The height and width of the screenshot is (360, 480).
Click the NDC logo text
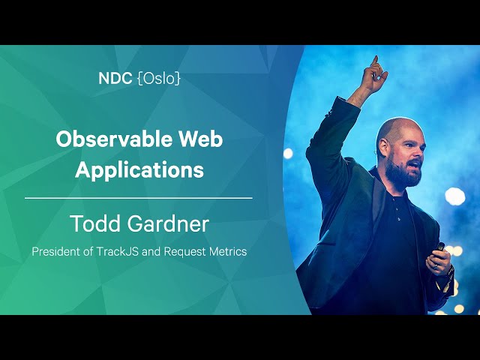point(115,78)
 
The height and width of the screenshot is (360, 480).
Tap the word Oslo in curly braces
point(159,79)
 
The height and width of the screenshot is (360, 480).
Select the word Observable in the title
point(113,139)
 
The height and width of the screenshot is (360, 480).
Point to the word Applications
point(139,170)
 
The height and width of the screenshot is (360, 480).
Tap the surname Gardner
point(168,223)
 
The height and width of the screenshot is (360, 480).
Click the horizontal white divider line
point(139,198)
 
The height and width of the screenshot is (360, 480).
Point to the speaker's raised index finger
point(375,61)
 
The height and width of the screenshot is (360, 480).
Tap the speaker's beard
point(402,173)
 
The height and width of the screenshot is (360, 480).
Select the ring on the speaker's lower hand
point(436,267)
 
